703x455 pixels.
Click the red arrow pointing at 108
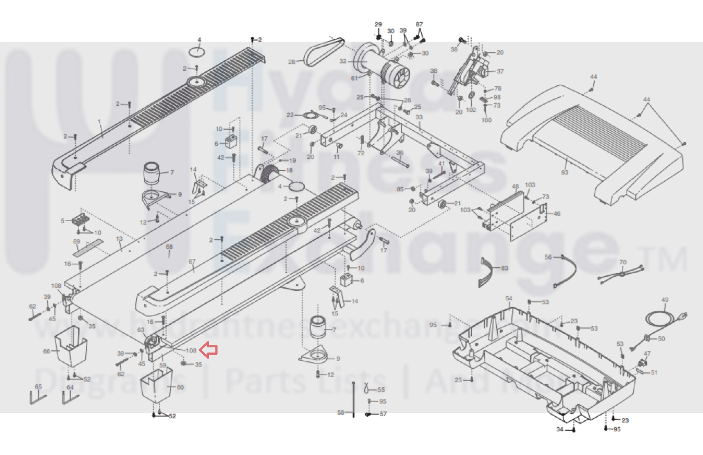click(x=208, y=350)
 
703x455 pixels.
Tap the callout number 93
click(x=565, y=172)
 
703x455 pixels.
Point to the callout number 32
click(x=343, y=61)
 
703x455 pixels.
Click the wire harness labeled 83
click(x=487, y=272)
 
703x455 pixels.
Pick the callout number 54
click(x=509, y=298)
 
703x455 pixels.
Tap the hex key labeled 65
click(x=38, y=399)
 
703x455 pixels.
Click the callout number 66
click(x=47, y=351)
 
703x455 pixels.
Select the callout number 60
click(x=180, y=387)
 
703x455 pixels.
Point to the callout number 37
click(x=500, y=71)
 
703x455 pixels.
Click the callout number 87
click(x=419, y=24)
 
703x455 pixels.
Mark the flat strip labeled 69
click(x=88, y=249)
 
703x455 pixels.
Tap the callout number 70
click(x=623, y=262)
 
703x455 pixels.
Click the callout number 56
click(x=548, y=257)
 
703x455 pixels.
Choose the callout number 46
click(x=557, y=214)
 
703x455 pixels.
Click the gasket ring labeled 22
click(x=311, y=116)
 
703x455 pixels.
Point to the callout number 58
click(x=341, y=412)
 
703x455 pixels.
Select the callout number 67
click(x=192, y=261)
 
